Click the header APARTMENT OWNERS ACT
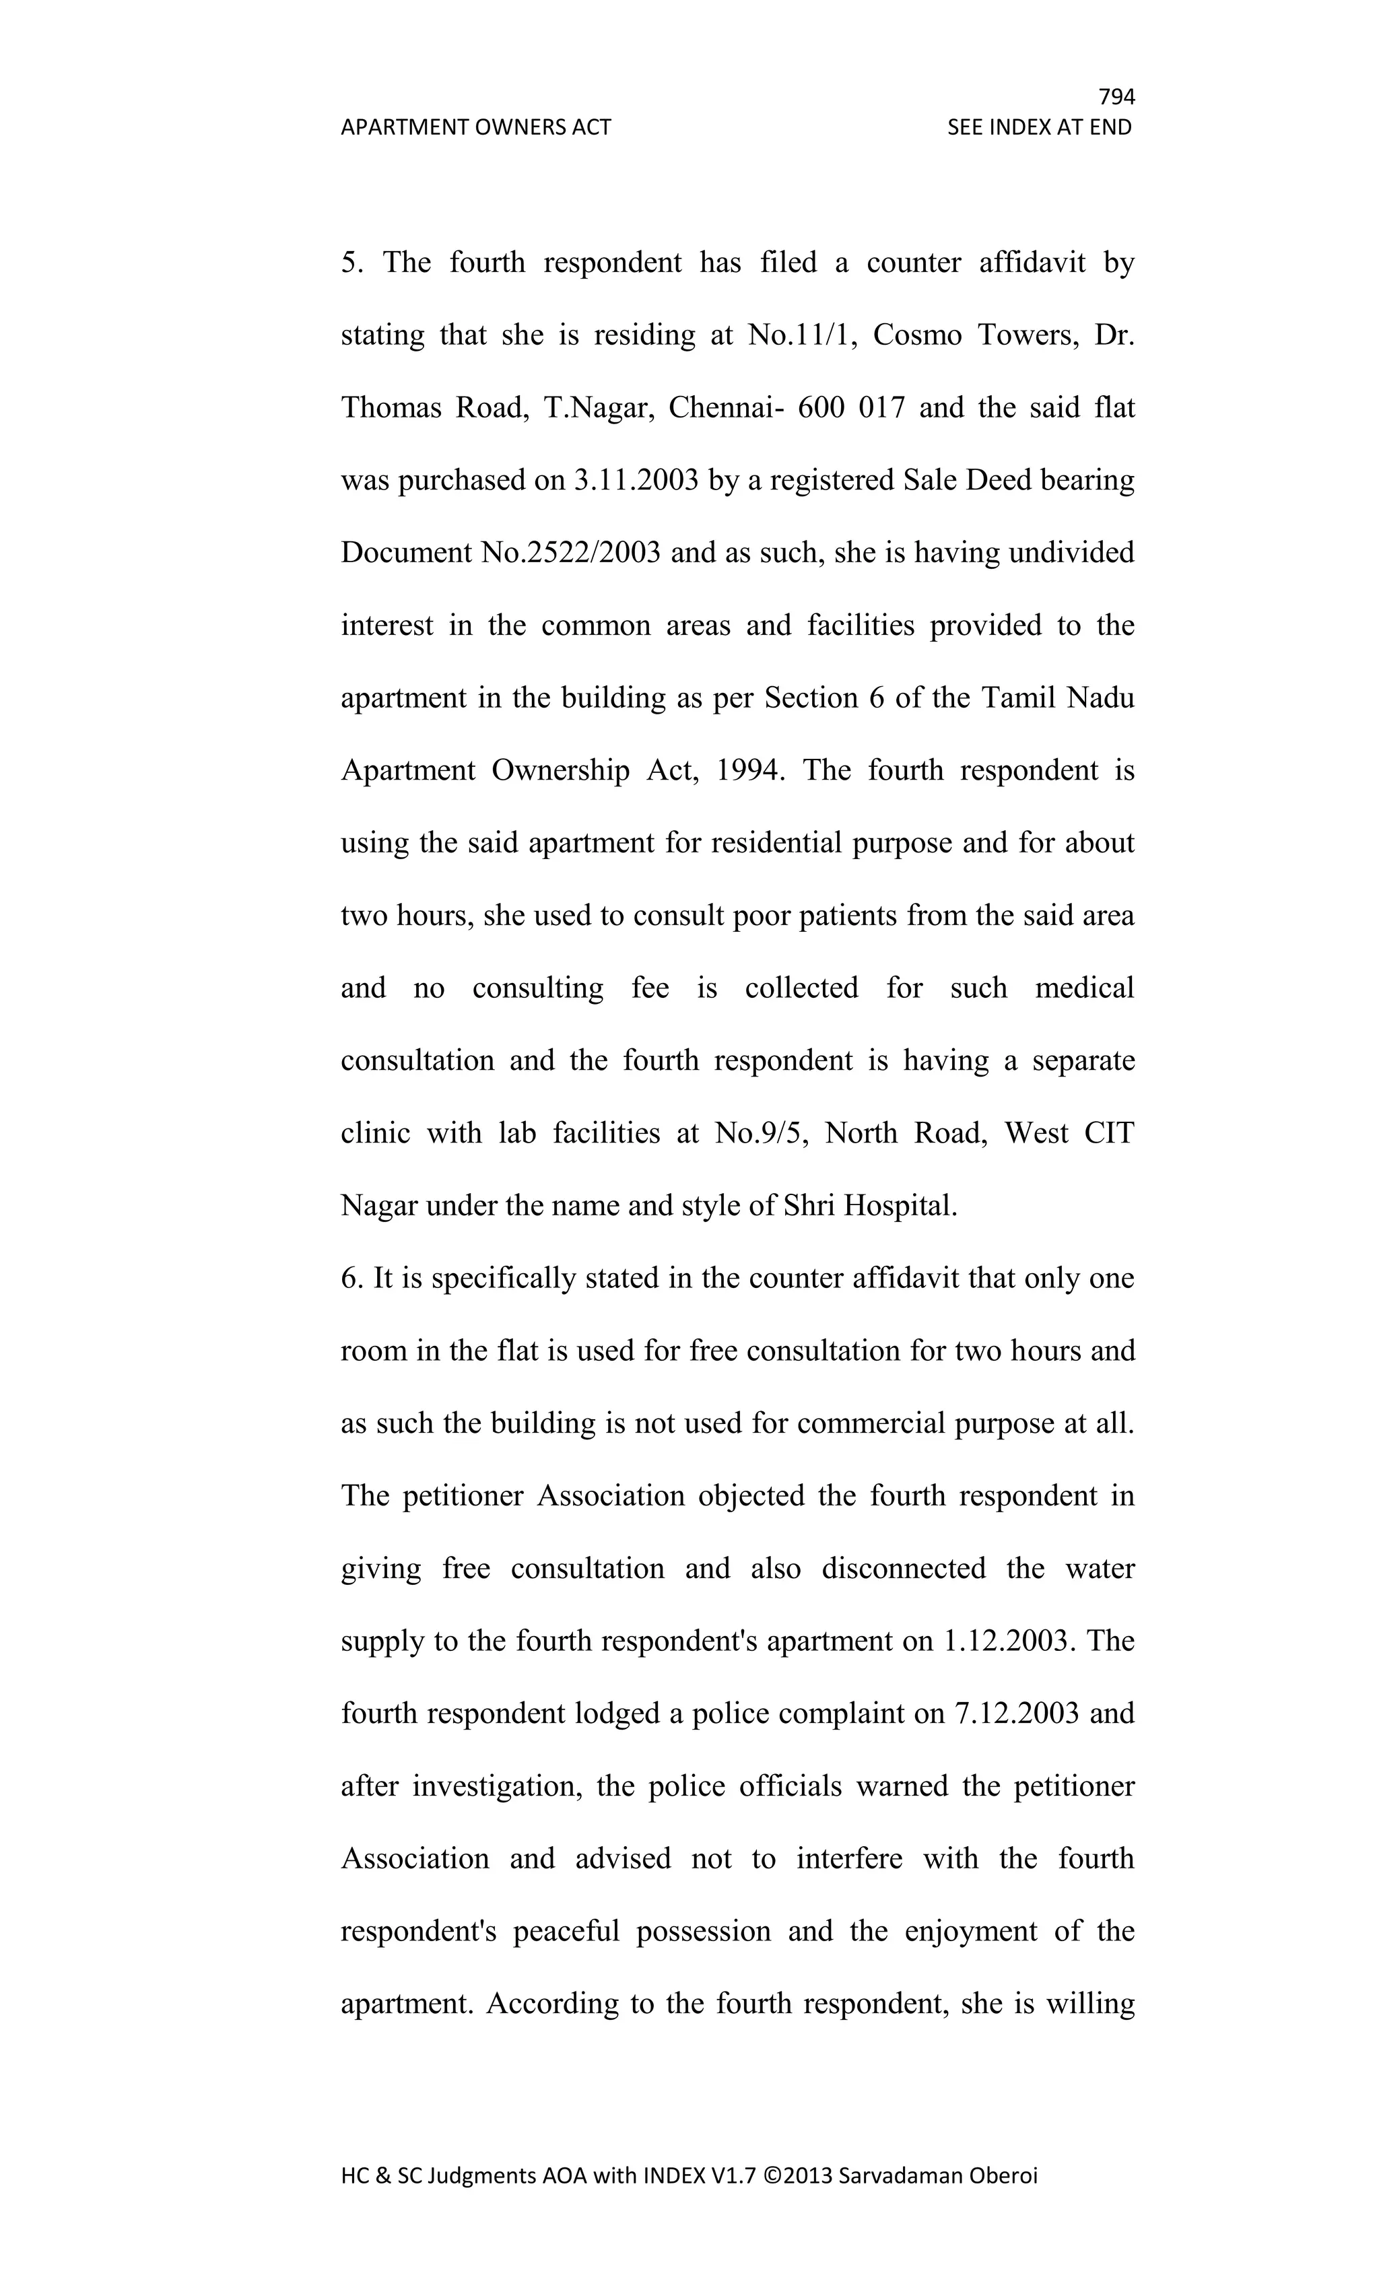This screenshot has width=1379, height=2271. (x=475, y=127)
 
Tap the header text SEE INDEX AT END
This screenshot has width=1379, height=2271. (x=1039, y=127)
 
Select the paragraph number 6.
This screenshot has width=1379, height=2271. (x=352, y=1279)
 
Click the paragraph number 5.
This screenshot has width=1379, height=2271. (x=352, y=263)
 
